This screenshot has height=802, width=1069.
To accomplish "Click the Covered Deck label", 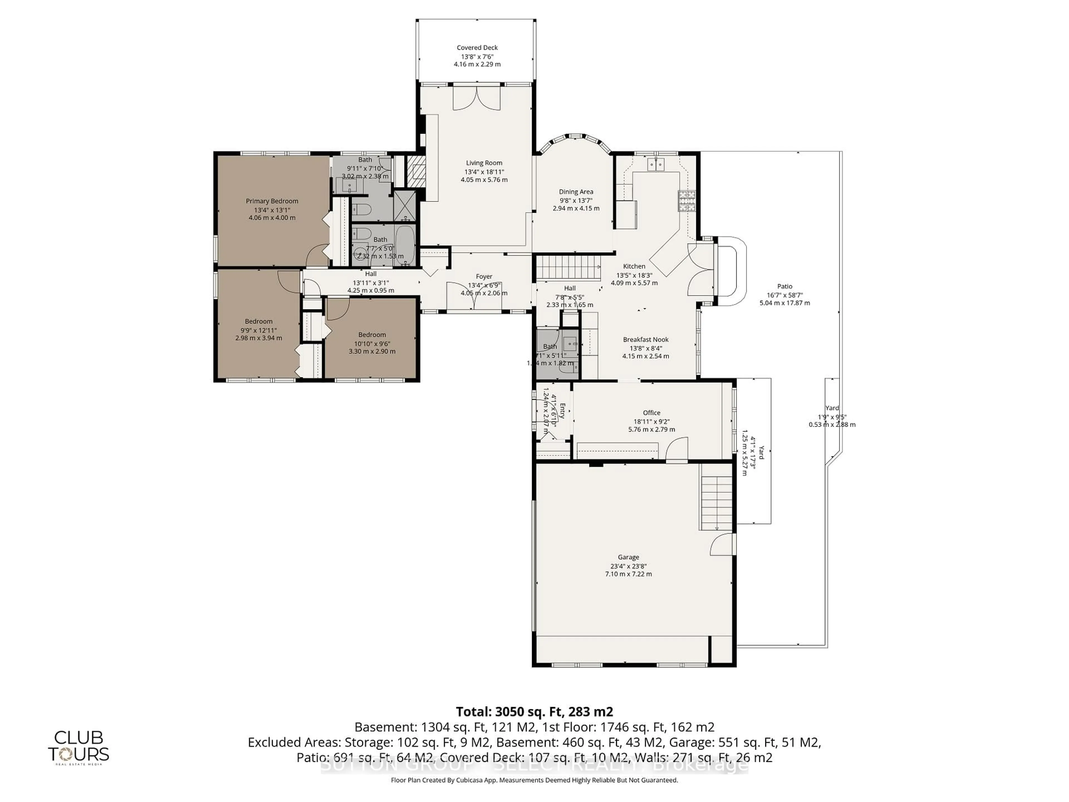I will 477,47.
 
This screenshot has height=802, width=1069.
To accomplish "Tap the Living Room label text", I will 484,163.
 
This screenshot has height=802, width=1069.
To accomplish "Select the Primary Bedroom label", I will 272,201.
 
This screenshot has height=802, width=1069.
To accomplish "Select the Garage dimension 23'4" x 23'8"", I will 628,566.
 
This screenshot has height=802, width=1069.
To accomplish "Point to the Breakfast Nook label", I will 646,340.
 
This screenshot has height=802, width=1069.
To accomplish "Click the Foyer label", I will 484,277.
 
